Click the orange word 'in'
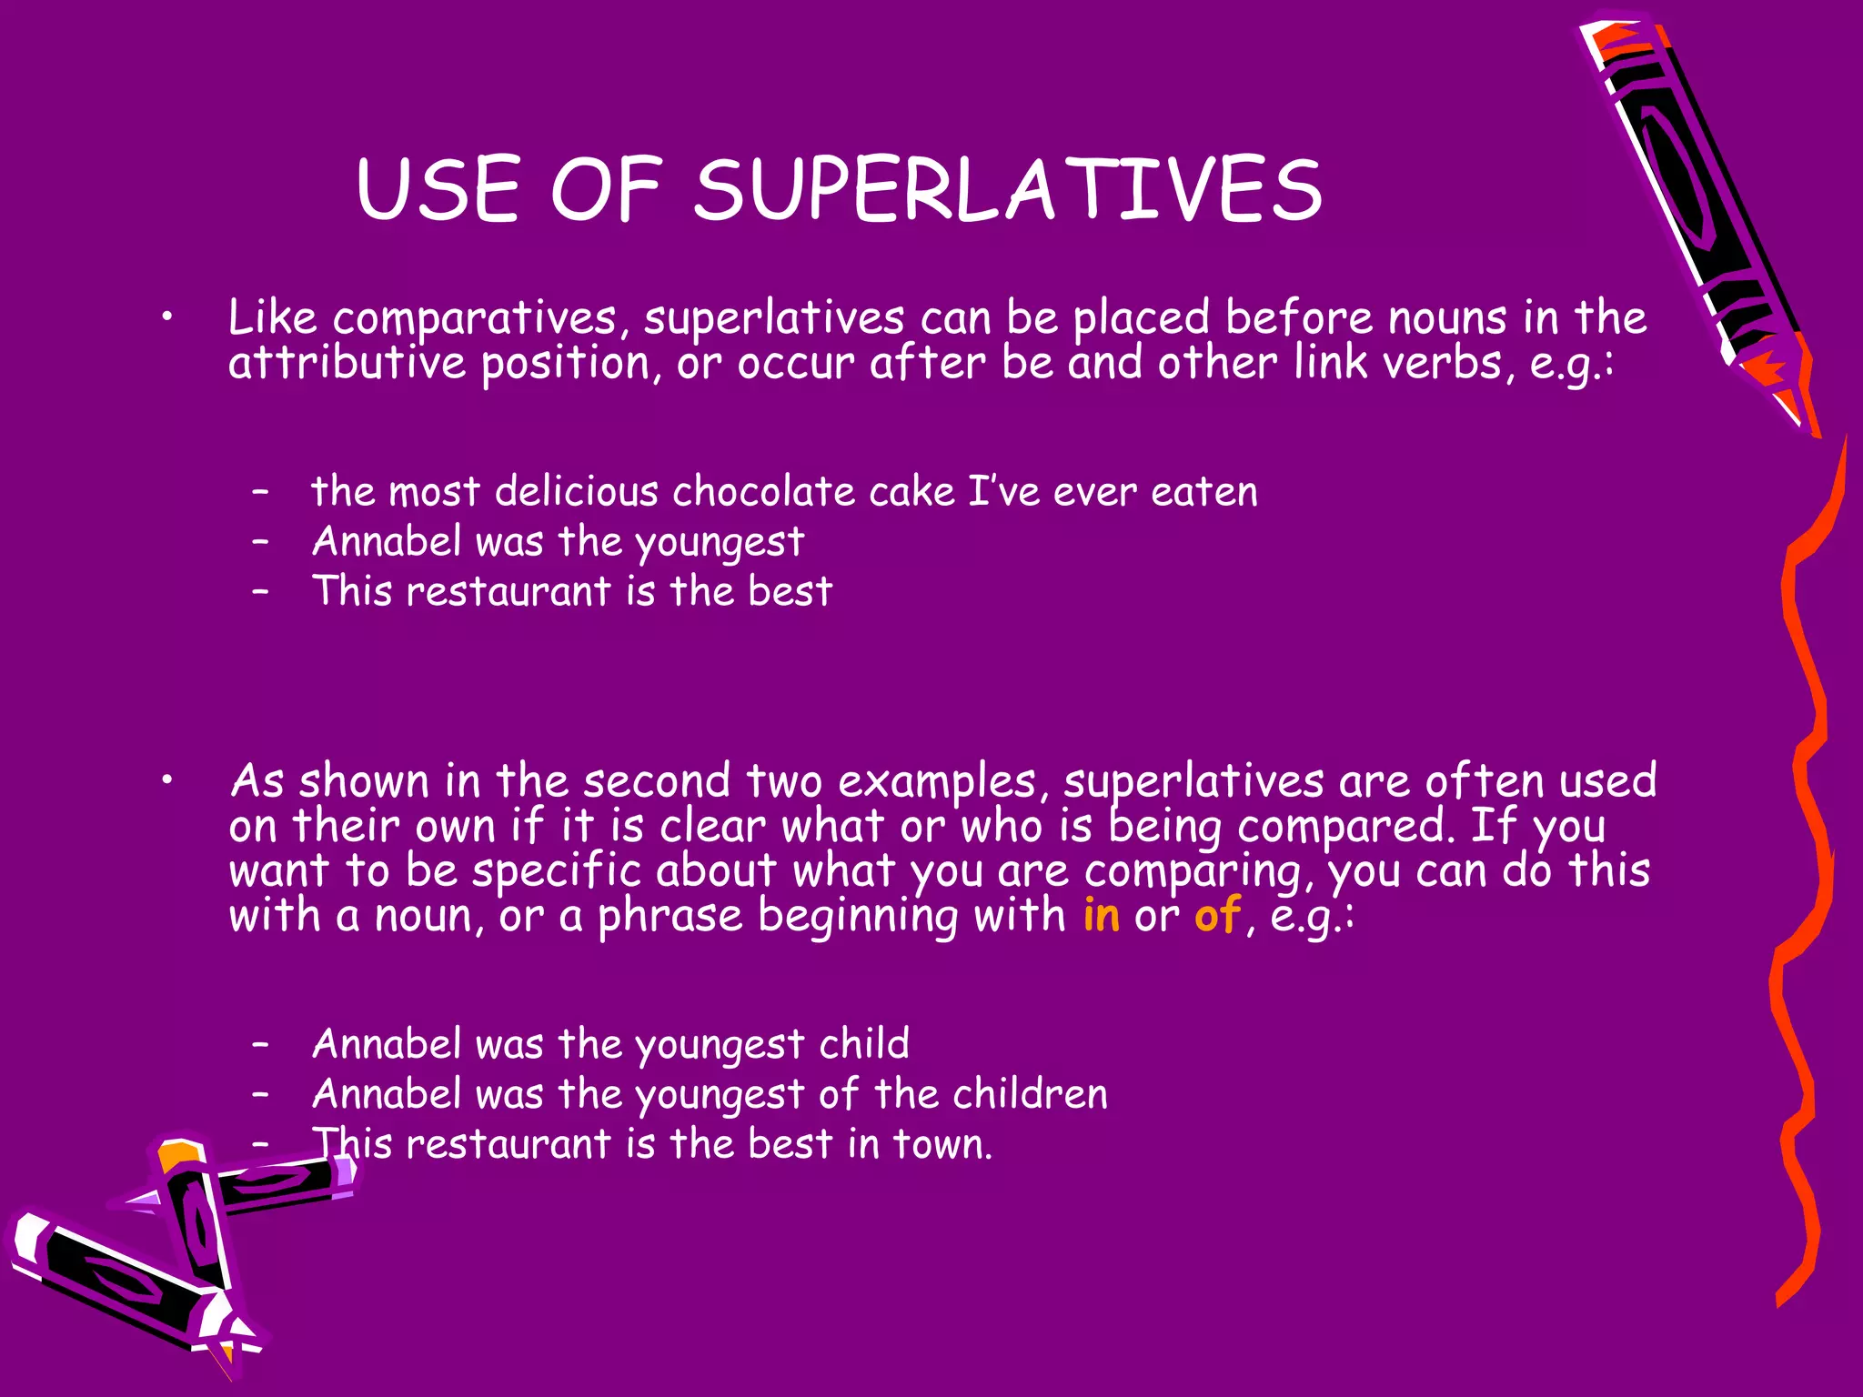click(x=1101, y=915)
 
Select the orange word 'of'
click(x=1217, y=915)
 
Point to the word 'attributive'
click(x=347, y=363)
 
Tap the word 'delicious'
click(x=577, y=492)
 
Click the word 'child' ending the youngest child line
click(x=864, y=1044)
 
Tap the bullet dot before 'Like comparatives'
click(x=166, y=317)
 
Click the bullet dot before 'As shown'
click(x=166, y=780)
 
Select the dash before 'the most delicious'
click(x=261, y=492)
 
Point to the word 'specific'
click(x=557, y=870)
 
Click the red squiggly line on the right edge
click(x=1806, y=819)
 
